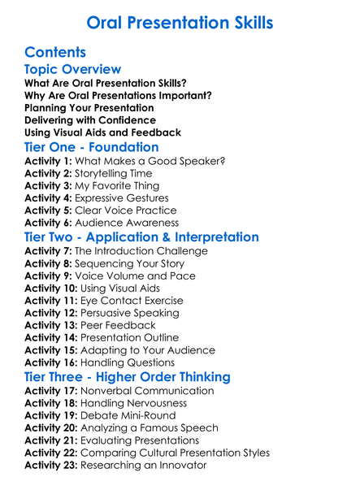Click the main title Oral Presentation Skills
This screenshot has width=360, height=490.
coord(180,21)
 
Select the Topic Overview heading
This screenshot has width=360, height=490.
coord(73,70)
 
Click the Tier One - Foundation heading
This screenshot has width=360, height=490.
coord(92,147)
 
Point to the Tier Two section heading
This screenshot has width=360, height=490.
coord(142,237)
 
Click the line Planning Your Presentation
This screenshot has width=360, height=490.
coord(89,107)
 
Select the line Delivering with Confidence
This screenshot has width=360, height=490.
coord(91,120)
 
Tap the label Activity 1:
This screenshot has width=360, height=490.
coord(49,161)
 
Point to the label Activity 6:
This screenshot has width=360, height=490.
coord(49,223)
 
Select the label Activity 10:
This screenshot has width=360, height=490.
coord(52,288)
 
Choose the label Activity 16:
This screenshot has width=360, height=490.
coord(52,363)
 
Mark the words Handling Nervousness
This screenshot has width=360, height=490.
coord(134,403)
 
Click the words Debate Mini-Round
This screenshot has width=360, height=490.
coord(128,415)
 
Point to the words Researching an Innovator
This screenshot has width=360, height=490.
coord(149,466)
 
